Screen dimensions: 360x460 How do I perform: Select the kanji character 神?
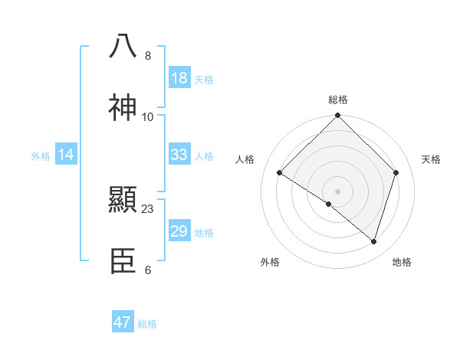(x=123, y=108)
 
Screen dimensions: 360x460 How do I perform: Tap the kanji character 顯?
(x=123, y=201)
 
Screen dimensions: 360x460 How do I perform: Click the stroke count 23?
(x=148, y=208)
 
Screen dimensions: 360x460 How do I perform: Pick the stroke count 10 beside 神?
(x=148, y=116)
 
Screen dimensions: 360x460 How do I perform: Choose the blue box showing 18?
(x=179, y=78)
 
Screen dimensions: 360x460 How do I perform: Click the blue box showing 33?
(x=179, y=155)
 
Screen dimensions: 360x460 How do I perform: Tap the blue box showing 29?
(x=179, y=231)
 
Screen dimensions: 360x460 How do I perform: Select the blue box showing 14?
(x=66, y=155)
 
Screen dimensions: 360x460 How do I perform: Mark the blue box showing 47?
(x=123, y=322)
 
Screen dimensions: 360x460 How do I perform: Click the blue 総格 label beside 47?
(x=147, y=324)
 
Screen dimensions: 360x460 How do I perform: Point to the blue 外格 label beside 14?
(x=41, y=155)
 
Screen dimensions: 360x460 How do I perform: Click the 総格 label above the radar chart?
(x=338, y=100)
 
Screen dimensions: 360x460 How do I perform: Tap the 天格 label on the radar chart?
(x=431, y=159)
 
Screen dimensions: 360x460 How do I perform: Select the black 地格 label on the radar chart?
(x=402, y=262)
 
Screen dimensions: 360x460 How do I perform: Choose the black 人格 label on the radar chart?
(x=245, y=159)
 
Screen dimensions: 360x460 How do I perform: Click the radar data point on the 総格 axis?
(x=338, y=116)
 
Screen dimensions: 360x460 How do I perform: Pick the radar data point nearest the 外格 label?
(x=329, y=204)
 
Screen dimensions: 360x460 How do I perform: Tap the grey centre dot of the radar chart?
(x=338, y=191)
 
